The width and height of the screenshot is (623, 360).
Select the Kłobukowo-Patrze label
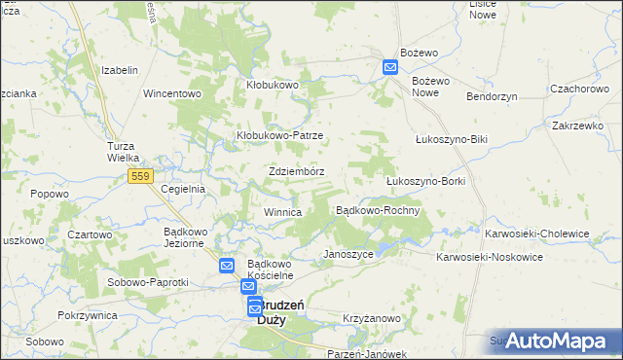click(x=280, y=136)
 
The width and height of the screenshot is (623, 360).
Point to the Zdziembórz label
click(x=296, y=171)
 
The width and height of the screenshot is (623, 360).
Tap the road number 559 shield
click(x=139, y=175)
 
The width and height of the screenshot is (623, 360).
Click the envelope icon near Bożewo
click(x=389, y=67)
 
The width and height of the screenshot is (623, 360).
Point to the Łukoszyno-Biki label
click(x=450, y=139)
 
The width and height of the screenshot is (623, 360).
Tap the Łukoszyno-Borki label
click(x=426, y=181)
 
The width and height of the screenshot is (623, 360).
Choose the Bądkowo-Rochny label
click(x=378, y=210)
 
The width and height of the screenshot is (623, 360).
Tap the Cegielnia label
click(x=182, y=189)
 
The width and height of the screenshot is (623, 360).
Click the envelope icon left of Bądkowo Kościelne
click(x=226, y=266)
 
